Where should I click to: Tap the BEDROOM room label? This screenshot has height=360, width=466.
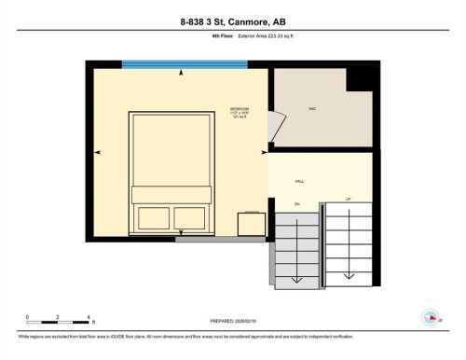240,109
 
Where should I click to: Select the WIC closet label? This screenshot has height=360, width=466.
313,109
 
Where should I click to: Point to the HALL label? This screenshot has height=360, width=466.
299,181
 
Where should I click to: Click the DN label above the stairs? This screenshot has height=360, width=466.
296,202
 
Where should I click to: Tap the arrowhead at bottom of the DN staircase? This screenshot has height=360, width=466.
296,279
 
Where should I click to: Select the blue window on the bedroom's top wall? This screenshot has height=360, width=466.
185,64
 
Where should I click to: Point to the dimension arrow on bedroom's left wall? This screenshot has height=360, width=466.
97,151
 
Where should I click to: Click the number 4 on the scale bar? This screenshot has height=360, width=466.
88,317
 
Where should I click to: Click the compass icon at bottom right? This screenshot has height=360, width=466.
430,315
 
